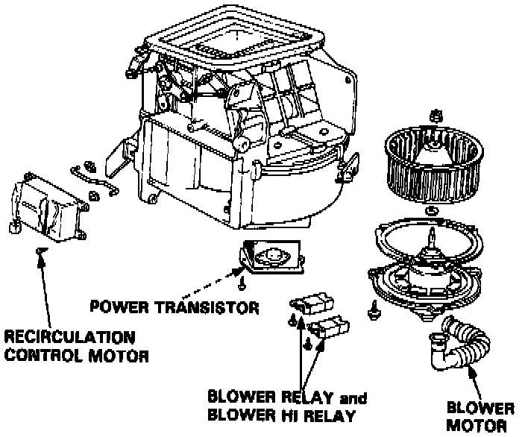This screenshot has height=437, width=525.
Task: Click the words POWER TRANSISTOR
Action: [x=173, y=306]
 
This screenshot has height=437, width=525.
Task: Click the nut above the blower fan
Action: [x=435, y=116]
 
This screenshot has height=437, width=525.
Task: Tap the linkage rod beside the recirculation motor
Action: [x=94, y=180]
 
